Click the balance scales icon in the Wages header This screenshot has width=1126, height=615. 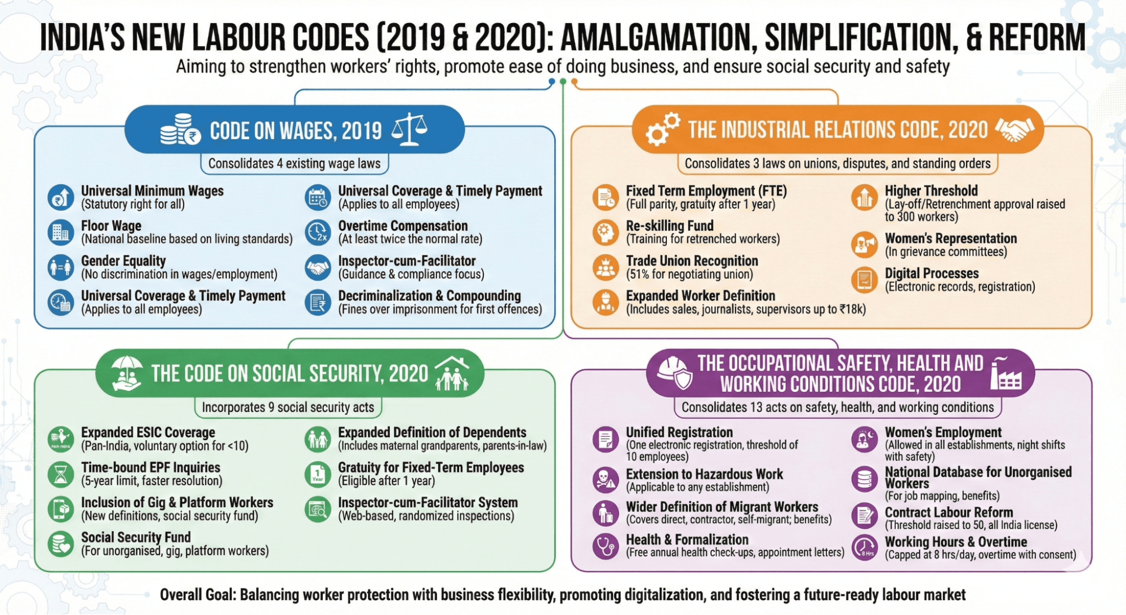pyautogui.click(x=410, y=129)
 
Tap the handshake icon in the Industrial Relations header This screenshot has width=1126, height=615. pyautogui.click(x=1014, y=129)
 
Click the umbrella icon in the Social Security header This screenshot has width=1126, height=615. pyautogui.click(x=126, y=373)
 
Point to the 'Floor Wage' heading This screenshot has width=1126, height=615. pyautogui.click(x=111, y=226)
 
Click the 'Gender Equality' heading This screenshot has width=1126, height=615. pyautogui.click(x=123, y=261)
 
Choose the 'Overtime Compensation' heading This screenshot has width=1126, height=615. pyautogui.click(x=403, y=226)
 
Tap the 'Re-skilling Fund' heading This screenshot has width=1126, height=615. pyautogui.click(x=670, y=226)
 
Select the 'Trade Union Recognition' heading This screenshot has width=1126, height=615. pyautogui.click(x=692, y=261)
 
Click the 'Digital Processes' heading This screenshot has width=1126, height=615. pyautogui.click(x=932, y=273)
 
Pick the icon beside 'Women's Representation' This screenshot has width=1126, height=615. pyautogui.click(x=864, y=245)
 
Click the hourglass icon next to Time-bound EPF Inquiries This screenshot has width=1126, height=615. pyautogui.click(x=61, y=474)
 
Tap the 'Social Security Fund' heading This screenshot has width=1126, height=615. pyautogui.click(x=136, y=537)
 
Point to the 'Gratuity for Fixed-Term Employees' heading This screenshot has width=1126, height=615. pyautogui.click(x=431, y=467)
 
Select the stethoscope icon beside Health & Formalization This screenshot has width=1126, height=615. pyautogui.click(x=606, y=546)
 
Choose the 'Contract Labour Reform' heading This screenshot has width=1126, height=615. pyautogui.click(x=949, y=512)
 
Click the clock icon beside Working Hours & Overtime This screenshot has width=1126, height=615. pyautogui.click(x=864, y=547)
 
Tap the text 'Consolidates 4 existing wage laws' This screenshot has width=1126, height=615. pyautogui.click(x=294, y=163)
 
